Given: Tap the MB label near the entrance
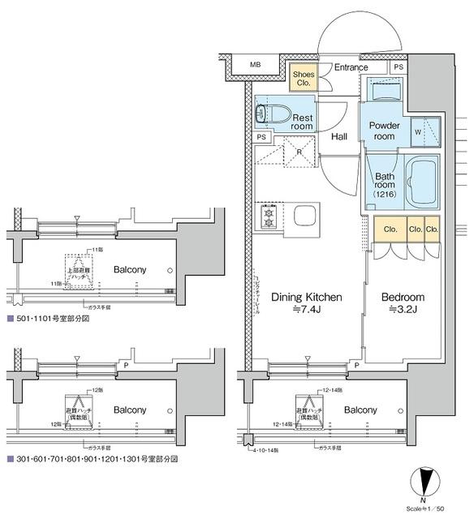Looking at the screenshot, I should coord(255,64).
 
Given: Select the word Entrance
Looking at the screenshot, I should coord(351,68).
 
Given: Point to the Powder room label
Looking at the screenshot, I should coord(385,131).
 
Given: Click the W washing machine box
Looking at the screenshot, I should coord(417,131).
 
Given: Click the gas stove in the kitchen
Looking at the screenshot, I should coord(269,217).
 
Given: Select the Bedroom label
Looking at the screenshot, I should coord(403,298).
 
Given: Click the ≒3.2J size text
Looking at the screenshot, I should coord(403,310).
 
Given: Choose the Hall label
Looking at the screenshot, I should coord(340,136).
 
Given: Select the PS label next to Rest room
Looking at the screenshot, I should coord(261,137).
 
